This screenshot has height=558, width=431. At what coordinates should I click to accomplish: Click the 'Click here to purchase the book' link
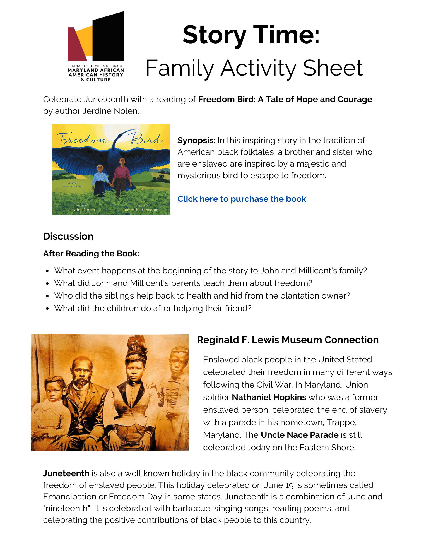click(242, 199)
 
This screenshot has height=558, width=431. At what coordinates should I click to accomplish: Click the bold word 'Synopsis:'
click(196, 140)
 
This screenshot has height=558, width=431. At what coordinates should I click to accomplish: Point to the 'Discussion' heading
click(68, 236)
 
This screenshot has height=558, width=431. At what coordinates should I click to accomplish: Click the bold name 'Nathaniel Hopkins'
click(269, 397)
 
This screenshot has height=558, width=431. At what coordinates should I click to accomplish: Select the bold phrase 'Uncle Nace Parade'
click(300, 435)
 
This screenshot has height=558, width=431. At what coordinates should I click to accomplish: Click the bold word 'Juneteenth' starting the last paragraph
click(66, 473)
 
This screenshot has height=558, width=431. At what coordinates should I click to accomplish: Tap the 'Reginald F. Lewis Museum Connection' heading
click(288, 340)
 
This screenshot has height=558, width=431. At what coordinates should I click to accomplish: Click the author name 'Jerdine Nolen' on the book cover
click(81, 210)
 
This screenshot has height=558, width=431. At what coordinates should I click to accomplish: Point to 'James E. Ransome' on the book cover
click(140, 210)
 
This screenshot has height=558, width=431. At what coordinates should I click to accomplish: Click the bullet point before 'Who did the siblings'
click(48, 296)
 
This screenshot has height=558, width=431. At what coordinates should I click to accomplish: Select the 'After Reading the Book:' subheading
click(91, 254)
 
